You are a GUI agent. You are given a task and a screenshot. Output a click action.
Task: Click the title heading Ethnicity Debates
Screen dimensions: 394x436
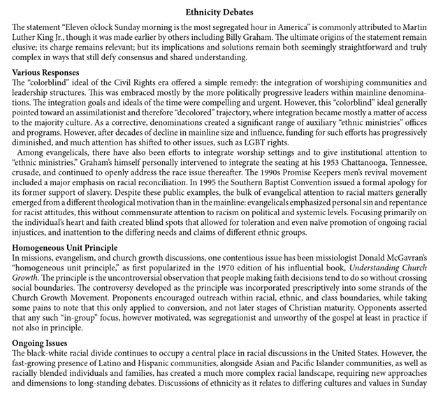point(220,12)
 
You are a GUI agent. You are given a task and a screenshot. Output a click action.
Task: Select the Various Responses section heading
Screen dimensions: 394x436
point(45,73)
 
